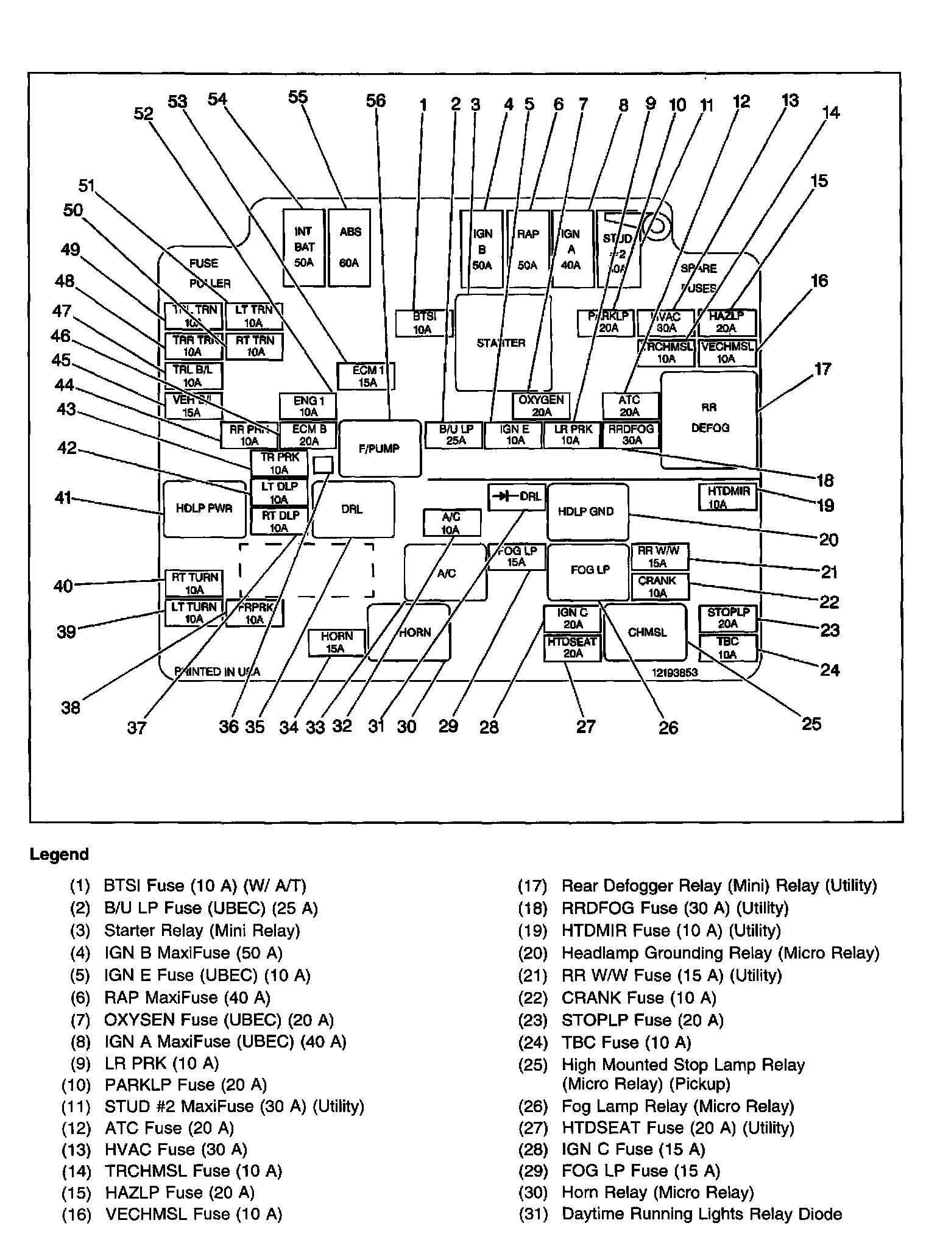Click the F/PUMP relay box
(380, 448)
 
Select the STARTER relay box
(503, 342)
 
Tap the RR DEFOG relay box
(710, 420)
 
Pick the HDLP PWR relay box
(203, 508)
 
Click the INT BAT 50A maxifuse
(303, 247)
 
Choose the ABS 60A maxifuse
(349, 247)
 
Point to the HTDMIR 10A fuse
(727, 497)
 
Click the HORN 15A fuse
(336, 642)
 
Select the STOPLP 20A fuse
(727, 618)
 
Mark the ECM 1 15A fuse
(367, 376)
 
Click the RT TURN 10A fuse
(194, 583)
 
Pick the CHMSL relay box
(646, 633)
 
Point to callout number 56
(376, 101)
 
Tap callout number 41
(63, 498)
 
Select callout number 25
(811, 723)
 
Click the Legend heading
(59, 854)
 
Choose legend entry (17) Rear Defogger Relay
(698, 885)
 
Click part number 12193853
(674, 673)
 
